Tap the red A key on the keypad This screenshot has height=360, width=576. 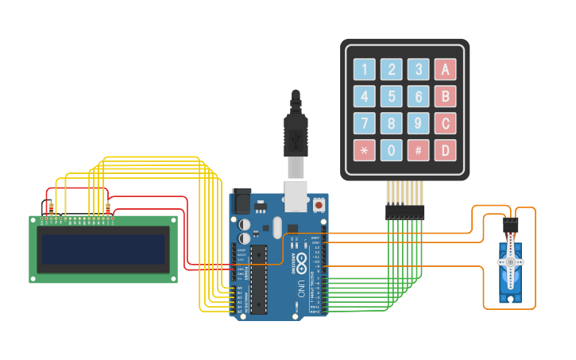(x=445, y=70)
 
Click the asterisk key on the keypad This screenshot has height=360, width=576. (x=365, y=150)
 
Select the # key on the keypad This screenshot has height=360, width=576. (x=418, y=150)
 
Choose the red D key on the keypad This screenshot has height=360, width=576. (x=445, y=150)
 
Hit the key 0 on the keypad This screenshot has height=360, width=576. (x=391, y=150)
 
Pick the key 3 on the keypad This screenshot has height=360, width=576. (x=418, y=70)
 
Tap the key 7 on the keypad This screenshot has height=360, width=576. (x=365, y=124)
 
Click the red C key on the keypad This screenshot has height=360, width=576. (x=445, y=124)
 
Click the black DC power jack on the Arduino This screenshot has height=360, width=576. (x=241, y=202)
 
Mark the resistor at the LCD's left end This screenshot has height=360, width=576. (x=52, y=209)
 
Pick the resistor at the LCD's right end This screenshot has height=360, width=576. (x=108, y=209)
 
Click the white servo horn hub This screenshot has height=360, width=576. (x=510, y=261)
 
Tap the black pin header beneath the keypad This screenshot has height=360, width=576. (x=405, y=212)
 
